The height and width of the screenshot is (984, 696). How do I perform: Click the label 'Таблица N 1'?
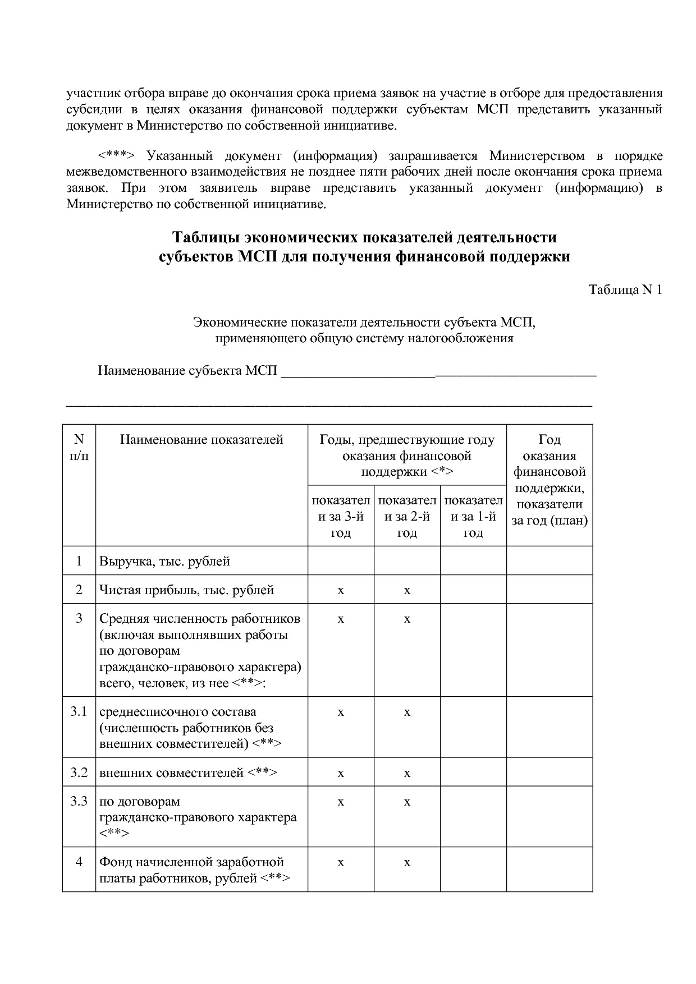click(625, 289)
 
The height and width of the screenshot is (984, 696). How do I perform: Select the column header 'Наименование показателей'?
click(202, 439)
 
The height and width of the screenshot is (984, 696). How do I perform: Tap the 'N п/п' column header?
click(79, 447)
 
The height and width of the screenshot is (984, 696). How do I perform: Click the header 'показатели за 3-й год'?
click(341, 516)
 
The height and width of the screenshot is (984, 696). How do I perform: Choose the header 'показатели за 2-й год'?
click(407, 516)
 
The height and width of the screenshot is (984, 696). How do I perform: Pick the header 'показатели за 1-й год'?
click(473, 516)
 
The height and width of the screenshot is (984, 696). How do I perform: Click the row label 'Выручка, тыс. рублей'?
click(164, 561)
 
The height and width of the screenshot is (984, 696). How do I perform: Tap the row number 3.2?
click(79, 773)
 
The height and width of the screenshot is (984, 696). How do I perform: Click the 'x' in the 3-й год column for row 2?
click(341, 590)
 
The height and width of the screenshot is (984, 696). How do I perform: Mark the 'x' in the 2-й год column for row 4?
click(407, 862)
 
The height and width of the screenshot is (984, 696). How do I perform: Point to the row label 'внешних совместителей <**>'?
click(188, 773)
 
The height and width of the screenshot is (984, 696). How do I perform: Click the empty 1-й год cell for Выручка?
click(473, 560)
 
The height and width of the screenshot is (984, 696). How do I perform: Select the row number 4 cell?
click(79, 862)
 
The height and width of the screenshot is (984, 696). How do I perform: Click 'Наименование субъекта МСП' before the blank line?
click(187, 371)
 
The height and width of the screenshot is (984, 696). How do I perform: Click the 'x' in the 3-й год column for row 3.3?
click(341, 802)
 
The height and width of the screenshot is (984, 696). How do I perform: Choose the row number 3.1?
click(79, 711)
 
